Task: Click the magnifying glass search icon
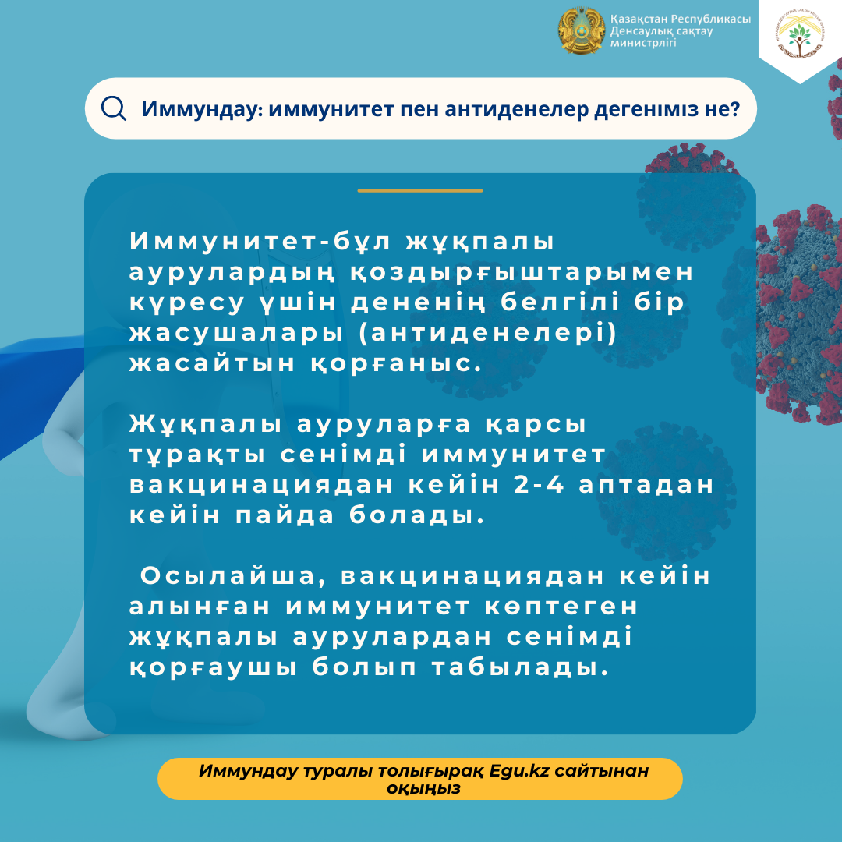coord(113,108)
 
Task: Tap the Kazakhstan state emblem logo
coord(581,30)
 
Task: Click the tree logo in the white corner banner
coord(800,35)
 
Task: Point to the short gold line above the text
coord(420,191)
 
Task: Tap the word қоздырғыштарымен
coord(522,272)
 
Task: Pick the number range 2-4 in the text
coord(540,485)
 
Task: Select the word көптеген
coord(561,607)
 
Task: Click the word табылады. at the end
coord(520,667)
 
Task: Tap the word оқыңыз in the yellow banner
coord(423,789)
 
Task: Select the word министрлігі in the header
coord(642,43)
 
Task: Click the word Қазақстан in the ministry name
coord(639,19)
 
